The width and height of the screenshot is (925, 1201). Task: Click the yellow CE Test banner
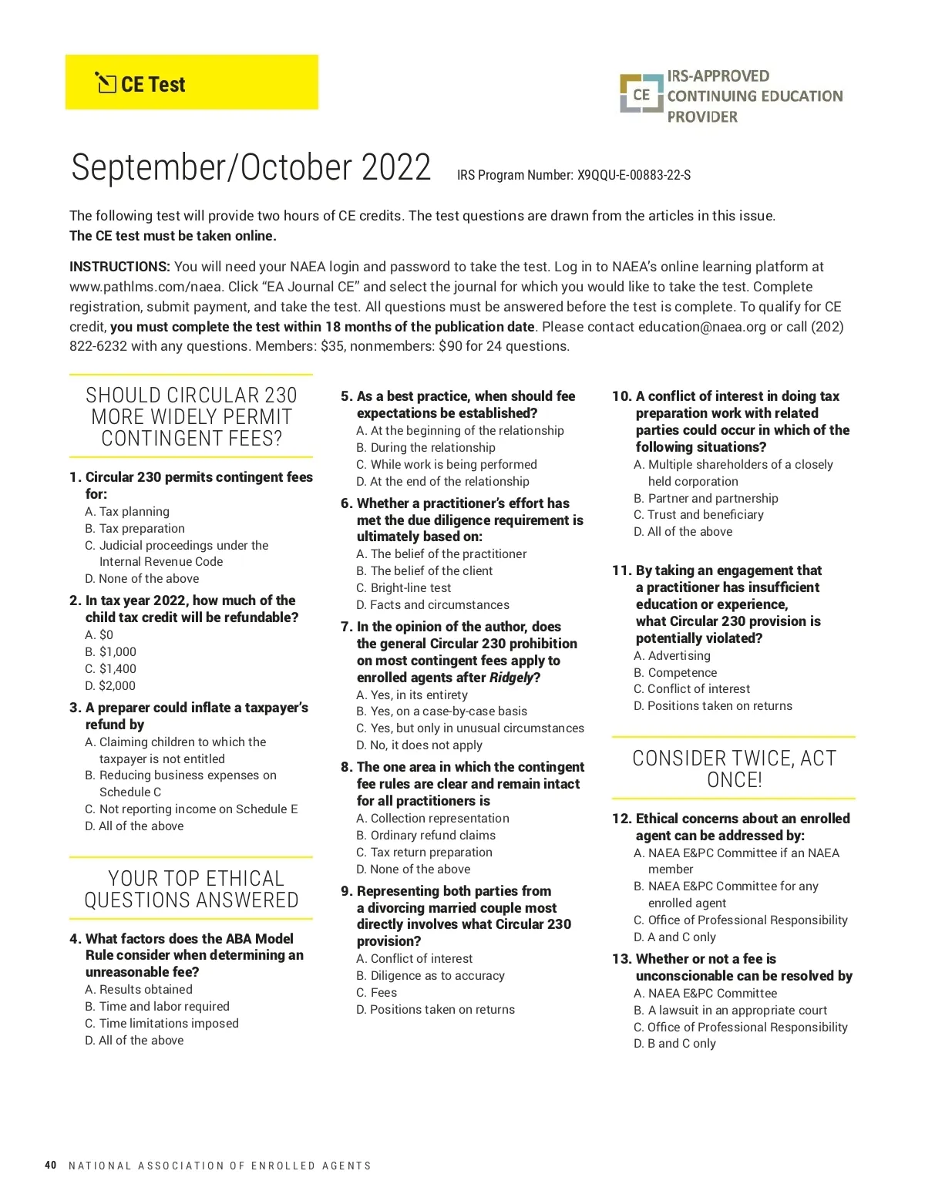coord(191,82)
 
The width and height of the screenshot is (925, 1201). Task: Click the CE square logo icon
coord(641,95)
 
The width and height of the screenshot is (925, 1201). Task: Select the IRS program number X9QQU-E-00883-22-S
coord(634,175)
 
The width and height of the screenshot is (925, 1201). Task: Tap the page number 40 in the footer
coord(51,1165)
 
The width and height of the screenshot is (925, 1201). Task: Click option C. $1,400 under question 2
coord(110,668)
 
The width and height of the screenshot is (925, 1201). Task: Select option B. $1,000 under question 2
coord(110,651)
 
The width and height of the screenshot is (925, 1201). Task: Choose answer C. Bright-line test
coord(403,587)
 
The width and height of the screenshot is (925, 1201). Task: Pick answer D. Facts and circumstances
coord(432,604)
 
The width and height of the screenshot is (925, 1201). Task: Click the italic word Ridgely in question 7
coord(511,678)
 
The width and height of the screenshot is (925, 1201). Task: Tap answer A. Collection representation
coord(432,818)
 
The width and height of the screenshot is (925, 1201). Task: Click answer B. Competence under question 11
coord(675,672)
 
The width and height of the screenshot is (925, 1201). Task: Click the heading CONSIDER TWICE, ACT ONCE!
coord(734,769)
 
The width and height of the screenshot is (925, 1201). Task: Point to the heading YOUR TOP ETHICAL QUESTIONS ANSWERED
coord(191,889)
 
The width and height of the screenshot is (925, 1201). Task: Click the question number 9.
coord(346,891)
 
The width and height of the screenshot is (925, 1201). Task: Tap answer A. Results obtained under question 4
coord(139,989)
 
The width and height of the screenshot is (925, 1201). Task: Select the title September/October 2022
coord(251,167)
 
